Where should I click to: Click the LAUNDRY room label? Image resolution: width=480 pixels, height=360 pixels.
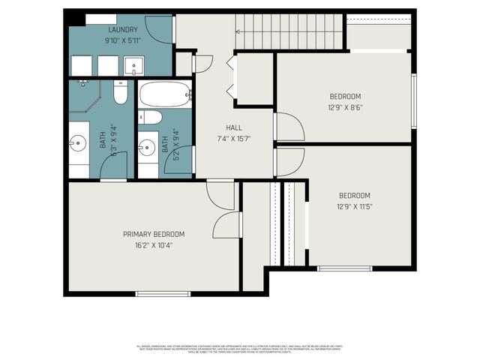pyautogui.click(x=122, y=29)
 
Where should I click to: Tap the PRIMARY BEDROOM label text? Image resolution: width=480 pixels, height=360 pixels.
pyautogui.click(x=154, y=234)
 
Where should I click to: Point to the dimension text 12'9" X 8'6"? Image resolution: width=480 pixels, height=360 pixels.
pyautogui.click(x=345, y=107)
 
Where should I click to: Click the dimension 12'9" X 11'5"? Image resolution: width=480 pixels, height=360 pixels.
pyautogui.click(x=355, y=206)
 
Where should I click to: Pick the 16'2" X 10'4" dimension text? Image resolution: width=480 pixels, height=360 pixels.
pyautogui.click(x=154, y=245)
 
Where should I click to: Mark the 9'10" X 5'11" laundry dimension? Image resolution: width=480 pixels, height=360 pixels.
pyautogui.click(x=122, y=40)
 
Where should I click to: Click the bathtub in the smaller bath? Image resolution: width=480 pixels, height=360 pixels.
pyautogui.click(x=165, y=95)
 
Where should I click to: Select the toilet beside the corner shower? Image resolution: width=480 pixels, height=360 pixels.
pyautogui.click(x=120, y=92)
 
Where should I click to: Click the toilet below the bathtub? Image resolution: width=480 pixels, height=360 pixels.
pyautogui.click(x=150, y=117)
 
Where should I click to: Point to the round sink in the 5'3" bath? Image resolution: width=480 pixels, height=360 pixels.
pyautogui.click(x=79, y=142)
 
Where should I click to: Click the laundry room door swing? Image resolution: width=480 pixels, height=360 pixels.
pyautogui.click(x=159, y=28)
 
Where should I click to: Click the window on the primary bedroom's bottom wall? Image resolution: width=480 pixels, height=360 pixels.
pyautogui.click(x=163, y=293)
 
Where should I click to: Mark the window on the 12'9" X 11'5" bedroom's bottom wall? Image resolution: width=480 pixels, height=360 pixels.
pyautogui.click(x=344, y=268)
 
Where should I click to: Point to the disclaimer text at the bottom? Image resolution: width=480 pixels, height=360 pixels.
pyautogui.click(x=240, y=349)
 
